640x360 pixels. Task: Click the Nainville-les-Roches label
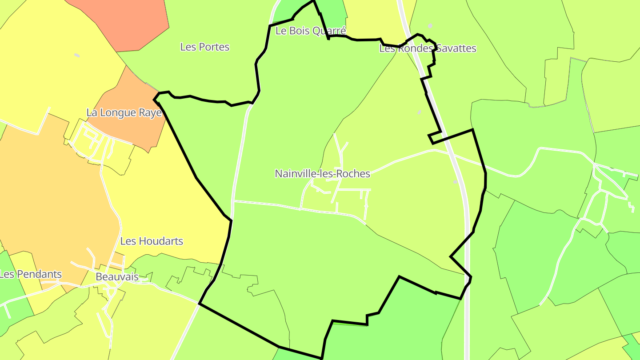322,174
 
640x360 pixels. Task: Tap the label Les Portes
205,47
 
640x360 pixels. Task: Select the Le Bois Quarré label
311,31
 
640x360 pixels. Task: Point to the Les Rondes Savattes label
428,48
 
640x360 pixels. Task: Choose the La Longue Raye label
124,113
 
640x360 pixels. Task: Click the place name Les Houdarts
152,241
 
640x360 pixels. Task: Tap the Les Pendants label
31,274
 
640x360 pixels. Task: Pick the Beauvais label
117,277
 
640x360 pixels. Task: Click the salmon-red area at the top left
124,22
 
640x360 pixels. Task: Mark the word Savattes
456,48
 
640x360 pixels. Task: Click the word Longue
119,113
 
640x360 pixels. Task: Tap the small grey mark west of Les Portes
77,55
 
